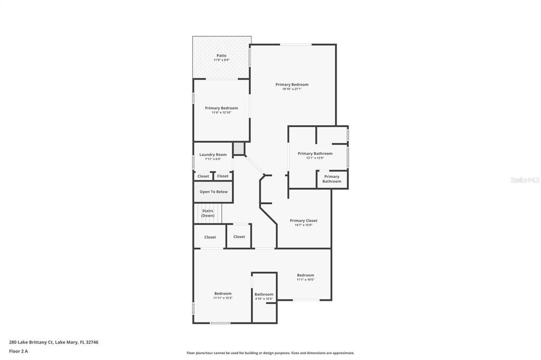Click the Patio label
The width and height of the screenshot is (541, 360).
221,55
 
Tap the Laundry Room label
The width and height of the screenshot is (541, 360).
213,155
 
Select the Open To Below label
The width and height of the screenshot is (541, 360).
213,192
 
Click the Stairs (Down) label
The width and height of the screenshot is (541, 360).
208,213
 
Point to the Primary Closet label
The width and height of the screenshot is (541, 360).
303,221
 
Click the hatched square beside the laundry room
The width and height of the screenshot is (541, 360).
239,149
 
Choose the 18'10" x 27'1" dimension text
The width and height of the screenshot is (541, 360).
292,89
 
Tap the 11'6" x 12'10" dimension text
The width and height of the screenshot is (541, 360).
221,112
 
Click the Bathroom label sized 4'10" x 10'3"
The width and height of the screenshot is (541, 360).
264,294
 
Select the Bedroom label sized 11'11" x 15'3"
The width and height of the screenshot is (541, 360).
222,293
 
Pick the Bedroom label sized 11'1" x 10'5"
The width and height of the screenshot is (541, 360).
305,275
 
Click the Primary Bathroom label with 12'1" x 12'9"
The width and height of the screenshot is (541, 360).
315,154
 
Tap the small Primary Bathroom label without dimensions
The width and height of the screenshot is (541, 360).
332,179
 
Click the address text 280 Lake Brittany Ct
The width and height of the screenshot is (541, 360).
53,342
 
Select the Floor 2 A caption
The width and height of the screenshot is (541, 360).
18,351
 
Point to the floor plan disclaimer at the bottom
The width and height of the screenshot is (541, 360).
270,353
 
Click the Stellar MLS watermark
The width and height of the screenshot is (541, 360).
525,180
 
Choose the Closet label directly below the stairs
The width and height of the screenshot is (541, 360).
210,237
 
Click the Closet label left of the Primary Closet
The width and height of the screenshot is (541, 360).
239,236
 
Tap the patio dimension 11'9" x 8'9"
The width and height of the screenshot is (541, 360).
221,60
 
